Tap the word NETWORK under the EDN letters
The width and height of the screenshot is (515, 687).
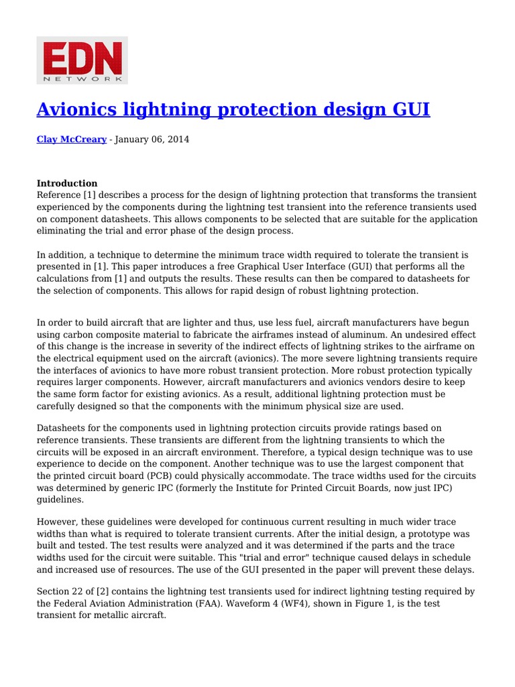82,78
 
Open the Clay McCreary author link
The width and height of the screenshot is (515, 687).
71,140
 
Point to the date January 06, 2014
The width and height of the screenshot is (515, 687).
154,140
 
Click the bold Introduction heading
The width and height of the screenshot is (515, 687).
67,183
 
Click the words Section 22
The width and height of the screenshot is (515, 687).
60,592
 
